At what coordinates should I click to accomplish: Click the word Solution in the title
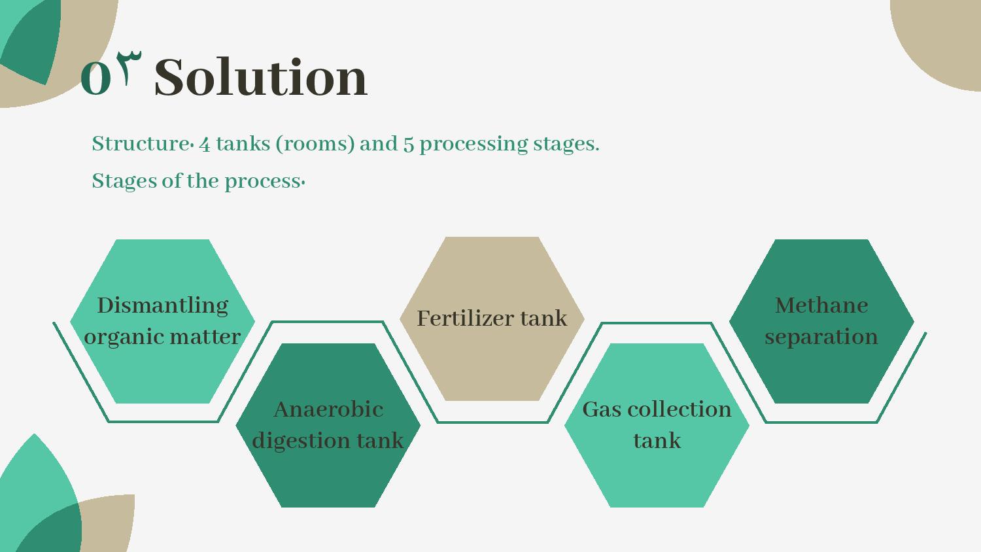point(260,78)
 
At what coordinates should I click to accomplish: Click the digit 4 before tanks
point(205,144)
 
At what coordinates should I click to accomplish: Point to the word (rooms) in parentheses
point(315,144)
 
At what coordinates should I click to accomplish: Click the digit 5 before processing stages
point(409,144)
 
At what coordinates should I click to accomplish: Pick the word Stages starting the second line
point(124,181)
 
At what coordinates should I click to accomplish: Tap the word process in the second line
point(262,182)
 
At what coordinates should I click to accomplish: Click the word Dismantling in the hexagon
point(162,305)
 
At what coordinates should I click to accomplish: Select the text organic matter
point(162,337)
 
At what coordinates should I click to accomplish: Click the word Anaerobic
point(328,409)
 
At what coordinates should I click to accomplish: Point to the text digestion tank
point(328,440)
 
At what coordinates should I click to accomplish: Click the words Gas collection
point(657,409)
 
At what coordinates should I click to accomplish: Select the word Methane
point(821,305)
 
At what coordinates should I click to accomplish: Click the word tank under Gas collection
point(657,441)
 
